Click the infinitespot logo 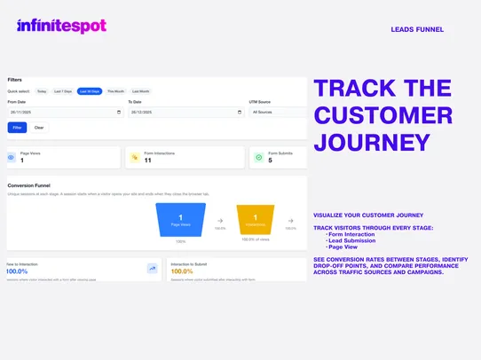pyautogui.click(x=61, y=27)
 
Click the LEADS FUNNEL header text pyautogui.click(x=417, y=29)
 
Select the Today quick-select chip pyautogui.click(x=41, y=91)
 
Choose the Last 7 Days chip pyautogui.click(x=63, y=91)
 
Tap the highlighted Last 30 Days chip pyautogui.click(x=90, y=91)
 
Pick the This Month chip pyautogui.click(x=116, y=91)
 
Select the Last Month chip pyautogui.click(x=141, y=91)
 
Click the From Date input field pyautogui.click(x=65, y=113)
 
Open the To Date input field pyautogui.click(x=185, y=113)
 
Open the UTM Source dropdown pyautogui.click(x=278, y=113)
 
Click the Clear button pyautogui.click(x=39, y=128)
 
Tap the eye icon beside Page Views pyautogui.click(x=11, y=158)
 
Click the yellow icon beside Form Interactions pyautogui.click(x=135, y=158)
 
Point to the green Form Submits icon pyautogui.click(x=259, y=158)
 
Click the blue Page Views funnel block pyautogui.click(x=180, y=220)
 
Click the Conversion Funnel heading pyautogui.click(x=29, y=185)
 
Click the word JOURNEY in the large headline pyautogui.click(x=373, y=142)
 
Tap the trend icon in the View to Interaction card pyautogui.click(x=152, y=268)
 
